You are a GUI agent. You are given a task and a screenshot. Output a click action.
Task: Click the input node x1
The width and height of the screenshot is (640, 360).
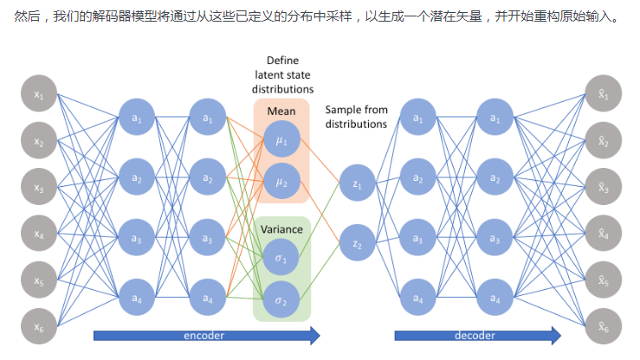(x=39, y=94)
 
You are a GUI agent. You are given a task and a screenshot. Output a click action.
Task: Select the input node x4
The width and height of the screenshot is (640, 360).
(x=39, y=234)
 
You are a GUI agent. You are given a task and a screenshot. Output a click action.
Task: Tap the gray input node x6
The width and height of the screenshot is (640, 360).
(x=39, y=326)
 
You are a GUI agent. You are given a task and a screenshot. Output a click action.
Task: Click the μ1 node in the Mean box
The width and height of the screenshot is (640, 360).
(x=282, y=139)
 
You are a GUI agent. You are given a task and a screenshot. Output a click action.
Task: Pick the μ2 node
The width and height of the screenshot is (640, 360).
(x=282, y=183)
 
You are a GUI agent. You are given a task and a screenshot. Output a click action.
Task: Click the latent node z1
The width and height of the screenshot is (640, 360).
(x=358, y=184)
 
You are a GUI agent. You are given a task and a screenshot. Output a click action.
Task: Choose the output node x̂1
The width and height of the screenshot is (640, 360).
(x=603, y=94)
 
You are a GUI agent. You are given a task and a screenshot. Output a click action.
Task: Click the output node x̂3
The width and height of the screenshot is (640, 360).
(x=603, y=187)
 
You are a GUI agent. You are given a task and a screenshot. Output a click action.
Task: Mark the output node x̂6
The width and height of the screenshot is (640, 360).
(x=603, y=326)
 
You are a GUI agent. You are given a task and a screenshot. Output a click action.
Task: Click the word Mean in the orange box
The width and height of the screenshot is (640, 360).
(x=281, y=112)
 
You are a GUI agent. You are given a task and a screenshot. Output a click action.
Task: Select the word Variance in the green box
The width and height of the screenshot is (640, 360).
(x=281, y=229)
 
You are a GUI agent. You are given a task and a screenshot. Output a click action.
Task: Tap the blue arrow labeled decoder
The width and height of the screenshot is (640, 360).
(x=477, y=335)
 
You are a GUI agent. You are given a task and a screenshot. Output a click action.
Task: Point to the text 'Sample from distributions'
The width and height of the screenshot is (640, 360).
(x=356, y=117)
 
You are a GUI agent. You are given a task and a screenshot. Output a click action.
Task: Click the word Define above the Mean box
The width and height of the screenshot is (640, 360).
(x=282, y=61)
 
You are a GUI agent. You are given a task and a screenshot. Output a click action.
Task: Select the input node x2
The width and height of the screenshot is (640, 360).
(x=39, y=141)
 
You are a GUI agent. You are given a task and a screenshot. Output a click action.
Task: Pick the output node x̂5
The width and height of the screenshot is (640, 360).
(x=603, y=280)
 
